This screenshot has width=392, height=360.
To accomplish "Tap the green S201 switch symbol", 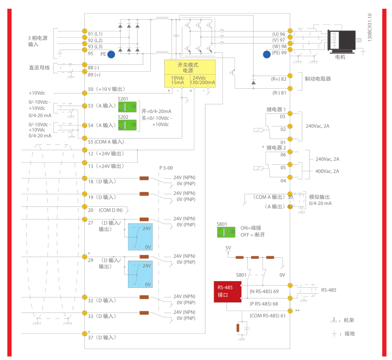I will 127,108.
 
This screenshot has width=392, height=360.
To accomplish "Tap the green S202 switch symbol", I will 127,125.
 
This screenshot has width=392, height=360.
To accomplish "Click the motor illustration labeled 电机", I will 343,41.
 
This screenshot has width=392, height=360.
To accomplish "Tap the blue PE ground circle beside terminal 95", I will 111,55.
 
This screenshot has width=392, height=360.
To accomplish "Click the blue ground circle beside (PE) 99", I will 267,54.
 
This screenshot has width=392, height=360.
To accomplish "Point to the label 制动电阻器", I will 318,78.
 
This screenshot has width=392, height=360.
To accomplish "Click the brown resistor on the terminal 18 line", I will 144,178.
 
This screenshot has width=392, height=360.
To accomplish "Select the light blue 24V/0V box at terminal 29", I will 140,274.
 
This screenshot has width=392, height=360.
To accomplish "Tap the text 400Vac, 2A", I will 328,171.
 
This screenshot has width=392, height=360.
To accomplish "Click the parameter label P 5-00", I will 166,168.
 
